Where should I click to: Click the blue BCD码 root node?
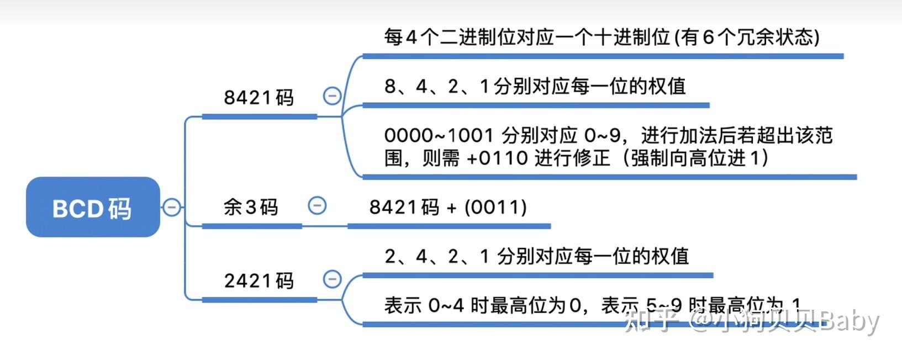coord(93,207)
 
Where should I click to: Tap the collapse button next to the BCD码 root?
coord(172,207)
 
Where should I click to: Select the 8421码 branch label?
coord(259,97)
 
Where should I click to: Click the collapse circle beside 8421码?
coord(332,96)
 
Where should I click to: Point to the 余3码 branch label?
coord(250,208)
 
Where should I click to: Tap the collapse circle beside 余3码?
coord(317,205)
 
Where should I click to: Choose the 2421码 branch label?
coord(259,280)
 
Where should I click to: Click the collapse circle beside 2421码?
coord(332,279)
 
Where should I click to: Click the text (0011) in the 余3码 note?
coord(495,208)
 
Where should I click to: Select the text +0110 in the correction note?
coord(497,158)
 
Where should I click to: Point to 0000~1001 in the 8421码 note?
coord(439,135)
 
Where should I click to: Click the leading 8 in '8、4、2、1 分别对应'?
coord(390,86)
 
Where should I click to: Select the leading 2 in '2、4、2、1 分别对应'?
coord(390,257)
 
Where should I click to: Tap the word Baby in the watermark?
coord(849,322)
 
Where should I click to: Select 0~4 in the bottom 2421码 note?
coord(446,306)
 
